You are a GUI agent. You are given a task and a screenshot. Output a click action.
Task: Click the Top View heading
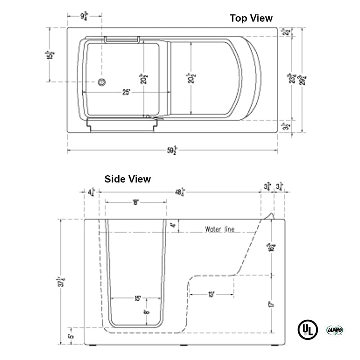(x=251, y=18)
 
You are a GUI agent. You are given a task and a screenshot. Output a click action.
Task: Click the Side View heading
(x=127, y=179)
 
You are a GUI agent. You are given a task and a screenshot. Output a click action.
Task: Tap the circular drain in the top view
(x=102, y=82)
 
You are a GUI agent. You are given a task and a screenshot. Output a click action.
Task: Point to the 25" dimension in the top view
(x=126, y=92)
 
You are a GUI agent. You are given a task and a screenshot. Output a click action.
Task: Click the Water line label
(x=220, y=229)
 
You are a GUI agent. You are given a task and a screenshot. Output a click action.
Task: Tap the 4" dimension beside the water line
(x=173, y=225)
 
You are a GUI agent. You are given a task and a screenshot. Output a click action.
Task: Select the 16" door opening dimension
(x=135, y=202)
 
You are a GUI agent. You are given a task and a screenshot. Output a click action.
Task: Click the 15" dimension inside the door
(x=137, y=298)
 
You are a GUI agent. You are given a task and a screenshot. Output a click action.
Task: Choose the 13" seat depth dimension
(x=212, y=294)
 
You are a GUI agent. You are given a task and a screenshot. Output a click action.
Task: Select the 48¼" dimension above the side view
(x=180, y=192)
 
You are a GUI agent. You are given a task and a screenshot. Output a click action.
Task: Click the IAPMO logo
(x=334, y=330)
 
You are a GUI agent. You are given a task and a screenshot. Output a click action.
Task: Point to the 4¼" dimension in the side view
(x=91, y=192)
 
